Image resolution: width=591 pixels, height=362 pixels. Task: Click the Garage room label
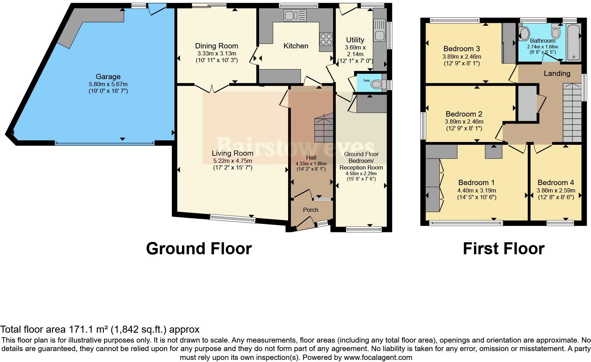click(108, 77)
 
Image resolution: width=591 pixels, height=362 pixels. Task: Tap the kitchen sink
click(295, 16)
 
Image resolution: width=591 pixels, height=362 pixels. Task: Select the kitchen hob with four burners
click(326, 39)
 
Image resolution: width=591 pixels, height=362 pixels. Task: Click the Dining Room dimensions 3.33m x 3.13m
click(216, 53)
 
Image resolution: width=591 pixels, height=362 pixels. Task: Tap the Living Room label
click(232, 153)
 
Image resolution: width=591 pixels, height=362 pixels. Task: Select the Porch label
click(310, 210)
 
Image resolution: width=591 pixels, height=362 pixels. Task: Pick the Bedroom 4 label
click(556, 183)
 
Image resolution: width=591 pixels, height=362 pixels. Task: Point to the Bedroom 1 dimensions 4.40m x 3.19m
click(476, 190)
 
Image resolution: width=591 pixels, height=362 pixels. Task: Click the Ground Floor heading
click(199, 249)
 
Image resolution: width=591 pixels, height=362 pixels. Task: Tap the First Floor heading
click(503, 249)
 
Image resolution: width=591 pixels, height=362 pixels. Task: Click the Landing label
click(557, 73)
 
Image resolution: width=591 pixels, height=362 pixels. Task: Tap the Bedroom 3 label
click(461, 49)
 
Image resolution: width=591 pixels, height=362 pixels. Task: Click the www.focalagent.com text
click(378, 357)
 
